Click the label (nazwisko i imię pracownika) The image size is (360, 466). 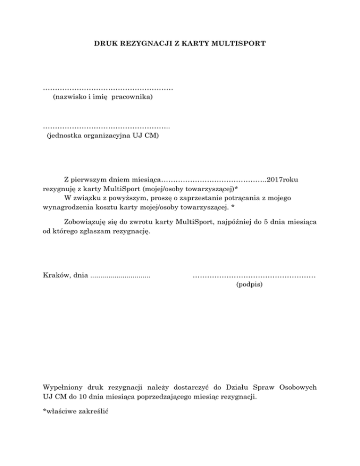pyautogui.click(x=103, y=97)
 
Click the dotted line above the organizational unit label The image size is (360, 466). pyautogui.click(x=106, y=127)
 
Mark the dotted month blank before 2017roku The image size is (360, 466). pyautogui.click(x=214, y=180)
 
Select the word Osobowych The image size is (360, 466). pyautogui.click(x=298, y=387)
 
